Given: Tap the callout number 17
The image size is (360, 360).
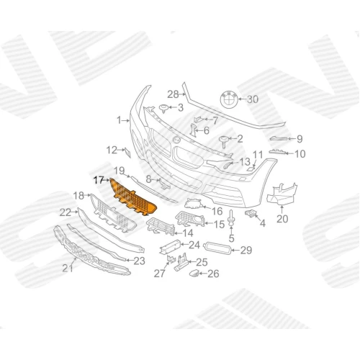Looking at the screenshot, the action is [x=99, y=180].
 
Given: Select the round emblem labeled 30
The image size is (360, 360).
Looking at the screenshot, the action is [x=229, y=99].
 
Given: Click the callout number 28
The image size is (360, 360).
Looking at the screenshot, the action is [x=173, y=94].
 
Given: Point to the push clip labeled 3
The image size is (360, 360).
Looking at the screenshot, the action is [x=164, y=108].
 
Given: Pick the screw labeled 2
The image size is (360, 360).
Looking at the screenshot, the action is [x=224, y=141].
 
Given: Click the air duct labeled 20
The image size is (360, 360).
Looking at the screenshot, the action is [x=282, y=194].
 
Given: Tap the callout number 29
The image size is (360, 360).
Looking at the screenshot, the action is [x=246, y=251].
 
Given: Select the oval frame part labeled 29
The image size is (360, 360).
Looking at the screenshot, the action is [x=217, y=248].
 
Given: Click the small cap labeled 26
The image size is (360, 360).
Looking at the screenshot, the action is [x=194, y=273].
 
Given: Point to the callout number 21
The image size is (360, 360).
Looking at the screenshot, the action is [x=68, y=268].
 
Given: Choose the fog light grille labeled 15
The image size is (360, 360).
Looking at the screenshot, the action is [x=190, y=219].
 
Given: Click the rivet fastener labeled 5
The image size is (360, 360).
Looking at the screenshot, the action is [x=231, y=218].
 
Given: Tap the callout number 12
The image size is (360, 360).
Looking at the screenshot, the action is [x=112, y=150].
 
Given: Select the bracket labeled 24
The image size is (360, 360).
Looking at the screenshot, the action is [x=170, y=247].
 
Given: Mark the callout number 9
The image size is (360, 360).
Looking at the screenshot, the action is [x=300, y=139].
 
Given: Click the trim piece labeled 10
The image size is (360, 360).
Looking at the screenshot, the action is [x=278, y=152].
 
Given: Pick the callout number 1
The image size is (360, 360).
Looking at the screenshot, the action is [x=119, y=120].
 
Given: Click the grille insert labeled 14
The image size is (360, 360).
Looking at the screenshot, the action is [x=161, y=226].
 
